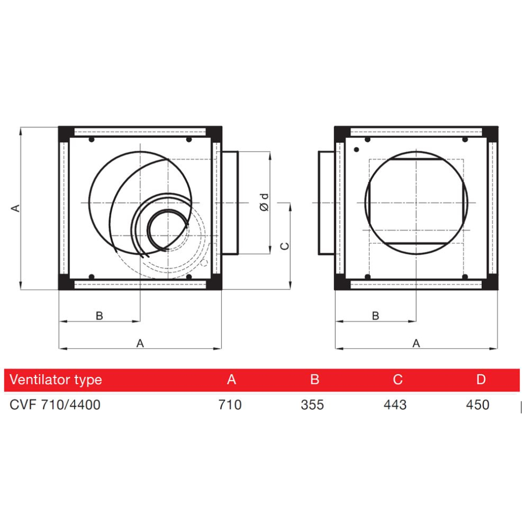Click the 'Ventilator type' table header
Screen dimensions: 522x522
point(56,380)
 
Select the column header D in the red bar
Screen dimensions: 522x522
point(480,379)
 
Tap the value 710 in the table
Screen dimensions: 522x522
point(230,405)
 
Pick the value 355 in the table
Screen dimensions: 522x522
point(312,405)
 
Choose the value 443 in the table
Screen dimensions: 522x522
point(395,405)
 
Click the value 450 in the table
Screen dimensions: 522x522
point(478,405)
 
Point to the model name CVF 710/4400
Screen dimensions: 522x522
point(55,405)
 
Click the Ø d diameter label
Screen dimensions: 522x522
point(264,202)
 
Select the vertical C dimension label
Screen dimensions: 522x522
point(284,246)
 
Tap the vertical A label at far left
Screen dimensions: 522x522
point(15,208)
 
